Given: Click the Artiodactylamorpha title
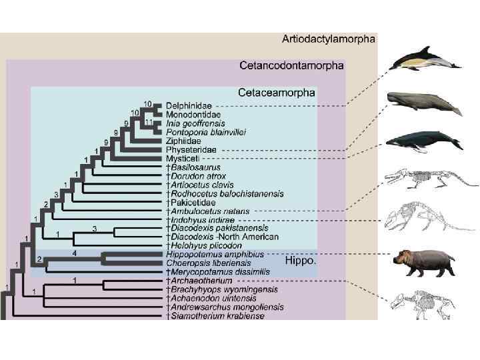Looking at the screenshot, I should [328, 39].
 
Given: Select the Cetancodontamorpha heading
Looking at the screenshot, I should [291, 65].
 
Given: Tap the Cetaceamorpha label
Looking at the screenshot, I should [277, 92].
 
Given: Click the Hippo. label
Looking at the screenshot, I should [300, 261].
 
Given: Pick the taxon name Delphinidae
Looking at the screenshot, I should [189, 105].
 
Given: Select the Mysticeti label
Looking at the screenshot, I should [182, 159].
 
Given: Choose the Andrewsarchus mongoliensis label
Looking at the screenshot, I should [224, 307].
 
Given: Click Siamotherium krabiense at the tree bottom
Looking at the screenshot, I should [217, 316].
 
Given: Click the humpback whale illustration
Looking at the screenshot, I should [424, 141].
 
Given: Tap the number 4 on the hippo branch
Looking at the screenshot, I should [75, 253].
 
